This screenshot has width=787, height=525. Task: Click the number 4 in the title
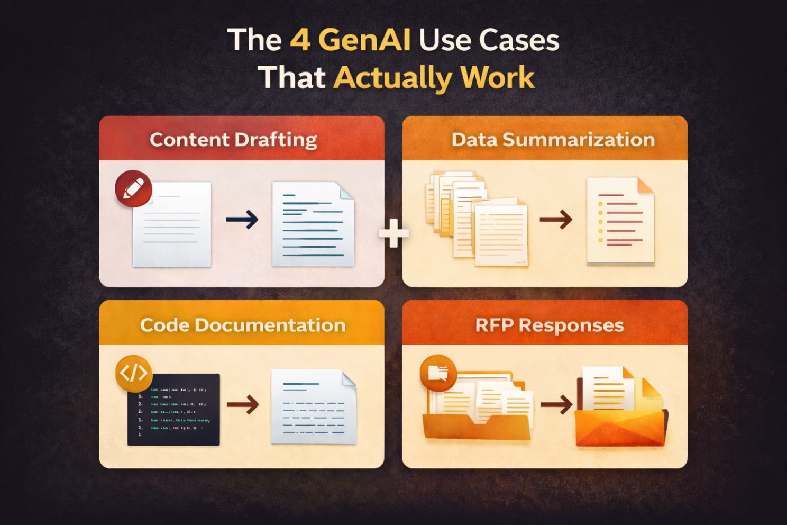pos(300,40)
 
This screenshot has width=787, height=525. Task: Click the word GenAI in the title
pos(364,40)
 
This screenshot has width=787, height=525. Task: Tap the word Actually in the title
pos(392,78)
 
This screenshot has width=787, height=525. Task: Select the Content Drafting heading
pos(233,139)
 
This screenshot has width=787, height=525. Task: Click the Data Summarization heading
pos(553,139)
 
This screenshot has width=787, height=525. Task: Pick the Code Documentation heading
pos(242,324)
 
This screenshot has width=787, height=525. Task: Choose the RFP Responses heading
pos(549,324)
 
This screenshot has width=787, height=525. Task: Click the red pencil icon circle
pos(134,188)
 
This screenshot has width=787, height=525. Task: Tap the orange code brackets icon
pos(134,373)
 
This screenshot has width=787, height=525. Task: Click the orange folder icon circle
pos(438,373)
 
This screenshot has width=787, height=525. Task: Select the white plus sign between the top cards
pos(393,233)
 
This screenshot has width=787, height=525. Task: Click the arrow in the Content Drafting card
pos(242,219)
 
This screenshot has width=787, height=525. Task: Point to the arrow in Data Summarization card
pos(556,219)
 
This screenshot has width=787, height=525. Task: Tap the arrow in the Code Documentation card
pos(243,404)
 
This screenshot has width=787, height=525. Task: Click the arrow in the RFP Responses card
pos(556,405)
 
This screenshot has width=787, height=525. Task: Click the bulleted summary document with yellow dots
pos(620,221)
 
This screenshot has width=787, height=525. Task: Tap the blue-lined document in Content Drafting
pos(313,224)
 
